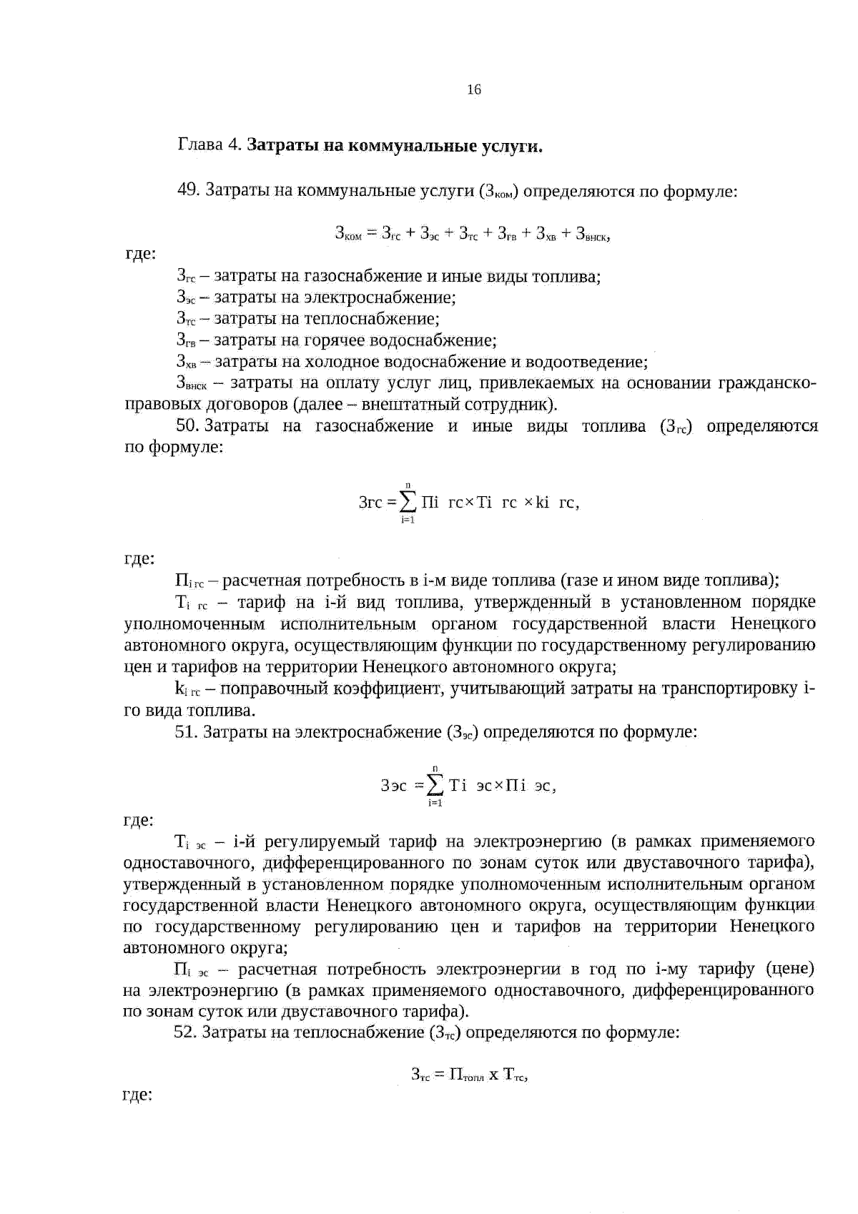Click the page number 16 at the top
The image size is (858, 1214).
click(473, 89)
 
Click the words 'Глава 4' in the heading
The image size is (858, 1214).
click(209, 147)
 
